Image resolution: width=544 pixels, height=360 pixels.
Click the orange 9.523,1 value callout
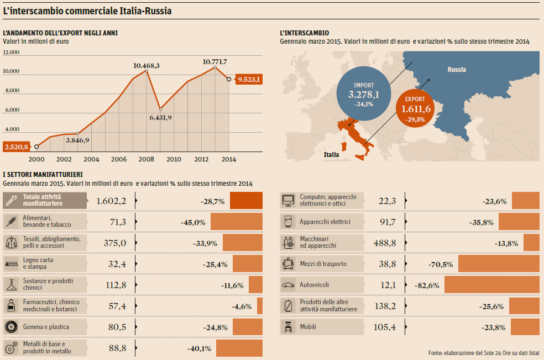point(249,80)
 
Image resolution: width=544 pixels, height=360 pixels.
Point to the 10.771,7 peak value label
point(215,61)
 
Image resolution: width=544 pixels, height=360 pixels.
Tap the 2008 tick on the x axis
point(146,159)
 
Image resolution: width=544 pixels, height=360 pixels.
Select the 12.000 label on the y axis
point(11,53)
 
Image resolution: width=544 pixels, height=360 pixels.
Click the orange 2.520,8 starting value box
point(17,147)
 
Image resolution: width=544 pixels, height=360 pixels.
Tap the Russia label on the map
point(457,70)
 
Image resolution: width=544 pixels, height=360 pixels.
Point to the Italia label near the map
point(331,154)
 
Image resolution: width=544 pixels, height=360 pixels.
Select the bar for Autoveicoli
point(491,285)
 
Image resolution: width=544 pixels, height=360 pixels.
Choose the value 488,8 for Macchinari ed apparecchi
point(385,243)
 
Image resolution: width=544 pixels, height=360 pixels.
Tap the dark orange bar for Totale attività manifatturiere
point(246,201)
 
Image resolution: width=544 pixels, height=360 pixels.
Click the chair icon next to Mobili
point(288,327)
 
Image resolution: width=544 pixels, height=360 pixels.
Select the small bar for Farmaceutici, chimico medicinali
point(260,306)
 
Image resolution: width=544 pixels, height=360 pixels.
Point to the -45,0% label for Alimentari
point(193,222)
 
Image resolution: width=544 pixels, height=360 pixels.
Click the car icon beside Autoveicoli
point(288,285)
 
